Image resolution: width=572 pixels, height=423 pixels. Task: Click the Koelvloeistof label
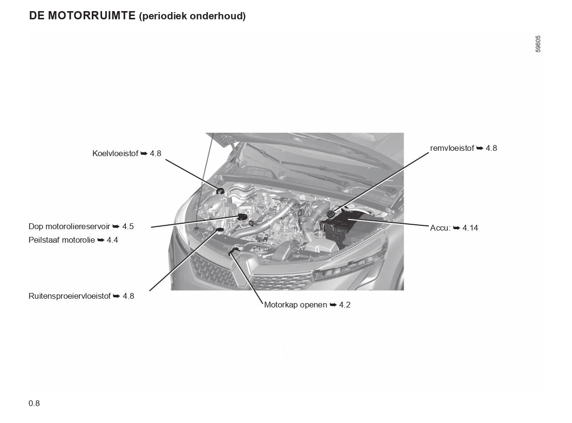(115, 153)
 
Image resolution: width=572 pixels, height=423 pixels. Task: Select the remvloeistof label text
(452, 148)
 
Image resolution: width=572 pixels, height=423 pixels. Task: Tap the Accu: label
(440, 228)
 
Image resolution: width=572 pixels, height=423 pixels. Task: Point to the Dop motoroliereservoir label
(69, 226)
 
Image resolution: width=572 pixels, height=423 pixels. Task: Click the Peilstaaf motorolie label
(61, 240)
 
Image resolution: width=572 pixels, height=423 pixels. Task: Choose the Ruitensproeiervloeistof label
(70, 296)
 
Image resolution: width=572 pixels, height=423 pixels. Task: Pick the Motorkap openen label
(296, 305)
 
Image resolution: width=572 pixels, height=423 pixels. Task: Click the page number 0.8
(34, 403)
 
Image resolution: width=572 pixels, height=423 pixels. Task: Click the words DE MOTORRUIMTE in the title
(82, 15)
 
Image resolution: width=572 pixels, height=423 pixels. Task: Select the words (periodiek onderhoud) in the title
(192, 16)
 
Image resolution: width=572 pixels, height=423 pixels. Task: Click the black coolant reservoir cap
(220, 190)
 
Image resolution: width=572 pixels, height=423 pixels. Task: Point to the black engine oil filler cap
(242, 217)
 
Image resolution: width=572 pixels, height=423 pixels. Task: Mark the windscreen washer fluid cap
(220, 230)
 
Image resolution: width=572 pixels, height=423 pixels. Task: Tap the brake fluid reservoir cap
(331, 214)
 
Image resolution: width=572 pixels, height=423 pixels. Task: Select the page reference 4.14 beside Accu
(470, 228)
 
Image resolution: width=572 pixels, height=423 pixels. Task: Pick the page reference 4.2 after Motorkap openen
(345, 305)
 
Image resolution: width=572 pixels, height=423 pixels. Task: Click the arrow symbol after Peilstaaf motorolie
(101, 240)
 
